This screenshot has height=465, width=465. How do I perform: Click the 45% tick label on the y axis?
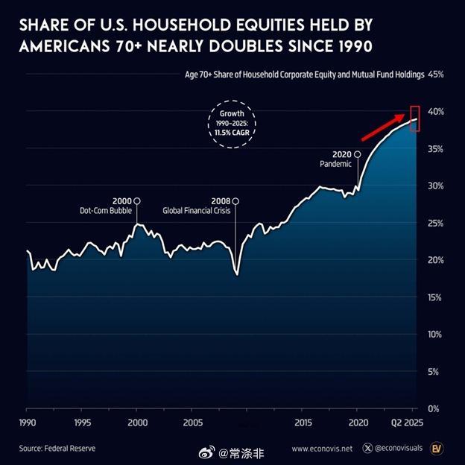436,75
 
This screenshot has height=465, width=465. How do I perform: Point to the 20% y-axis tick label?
436,260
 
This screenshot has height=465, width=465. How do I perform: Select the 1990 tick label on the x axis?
27,423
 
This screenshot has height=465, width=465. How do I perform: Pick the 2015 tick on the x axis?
303,423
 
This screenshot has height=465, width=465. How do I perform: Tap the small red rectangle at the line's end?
415,118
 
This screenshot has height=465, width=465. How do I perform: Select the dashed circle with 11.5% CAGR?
231,127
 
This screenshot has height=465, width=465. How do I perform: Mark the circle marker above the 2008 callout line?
235,200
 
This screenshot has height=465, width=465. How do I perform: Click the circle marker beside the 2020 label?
358,154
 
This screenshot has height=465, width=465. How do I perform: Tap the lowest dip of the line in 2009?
237,274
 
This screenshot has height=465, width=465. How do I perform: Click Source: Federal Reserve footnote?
57,449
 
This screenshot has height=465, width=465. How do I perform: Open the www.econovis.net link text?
322,449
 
